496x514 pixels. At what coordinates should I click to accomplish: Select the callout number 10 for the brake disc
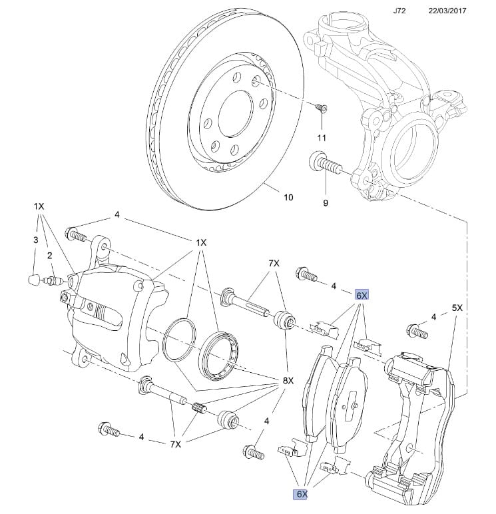pyautogui.click(x=288, y=197)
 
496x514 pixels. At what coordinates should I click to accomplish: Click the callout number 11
pyautogui.click(x=322, y=138)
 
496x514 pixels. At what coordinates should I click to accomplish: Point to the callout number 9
pyautogui.click(x=326, y=203)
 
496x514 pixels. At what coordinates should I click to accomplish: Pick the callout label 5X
pyautogui.click(x=457, y=308)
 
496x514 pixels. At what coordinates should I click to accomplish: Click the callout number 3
pyautogui.click(x=36, y=239)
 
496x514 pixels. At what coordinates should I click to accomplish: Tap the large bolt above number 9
pyautogui.click(x=319, y=161)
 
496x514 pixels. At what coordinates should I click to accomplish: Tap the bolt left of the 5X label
pyautogui.click(x=417, y=330)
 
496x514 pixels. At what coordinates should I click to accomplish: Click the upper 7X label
pyautogui.click(x=274, y=264)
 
